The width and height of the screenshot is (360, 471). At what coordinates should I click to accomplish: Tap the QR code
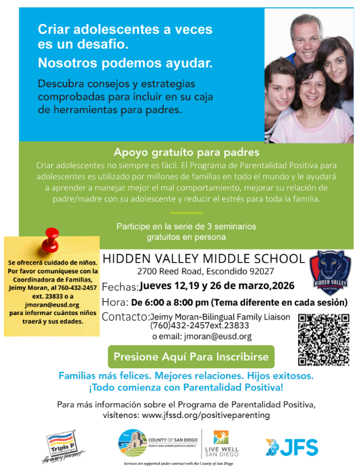tap(323, 340)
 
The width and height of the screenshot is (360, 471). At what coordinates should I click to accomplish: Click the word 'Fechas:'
tap(120, 287)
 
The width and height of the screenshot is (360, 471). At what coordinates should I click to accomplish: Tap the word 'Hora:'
tap(115, 302)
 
